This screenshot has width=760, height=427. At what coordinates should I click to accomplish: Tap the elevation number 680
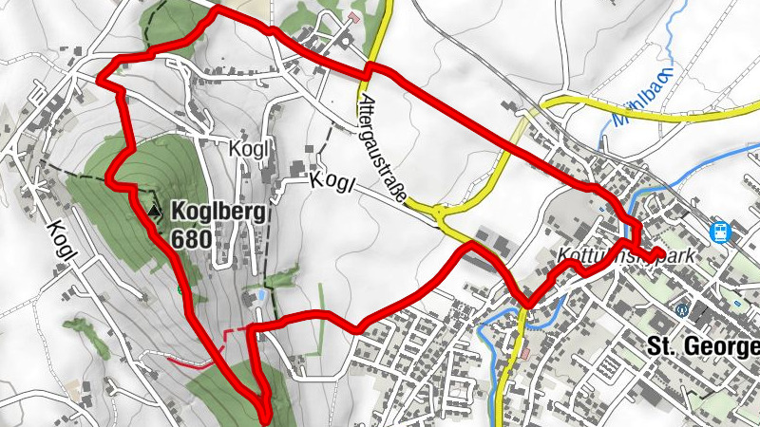[193, 234]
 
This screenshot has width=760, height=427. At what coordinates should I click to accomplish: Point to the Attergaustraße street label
[384, 148]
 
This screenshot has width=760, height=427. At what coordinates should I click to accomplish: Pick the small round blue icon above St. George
[681, 310]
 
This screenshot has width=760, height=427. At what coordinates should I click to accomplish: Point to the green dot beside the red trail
[180, 289]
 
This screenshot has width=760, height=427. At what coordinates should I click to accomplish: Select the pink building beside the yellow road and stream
[525, 353]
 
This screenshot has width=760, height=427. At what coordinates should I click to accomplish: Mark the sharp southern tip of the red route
[264, 410]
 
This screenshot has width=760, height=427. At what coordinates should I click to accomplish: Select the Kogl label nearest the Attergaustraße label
[332, 180]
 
